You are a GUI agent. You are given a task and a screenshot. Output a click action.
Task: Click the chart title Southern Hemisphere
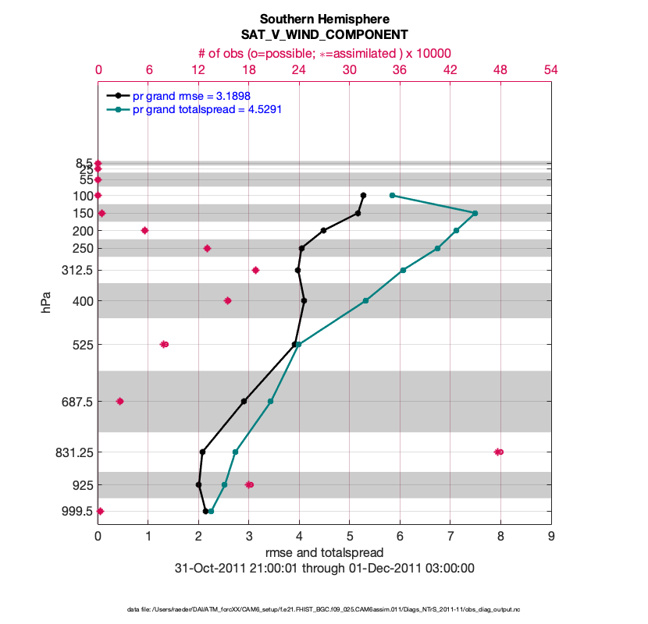pos(324,19)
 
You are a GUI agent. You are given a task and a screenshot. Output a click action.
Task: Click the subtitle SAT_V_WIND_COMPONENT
pos(324,35)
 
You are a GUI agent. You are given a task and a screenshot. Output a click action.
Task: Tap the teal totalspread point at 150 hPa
pos(475,213)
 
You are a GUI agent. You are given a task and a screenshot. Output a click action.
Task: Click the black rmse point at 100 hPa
pos(363,195)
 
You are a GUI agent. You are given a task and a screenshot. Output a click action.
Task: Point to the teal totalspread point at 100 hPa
pos(392,195)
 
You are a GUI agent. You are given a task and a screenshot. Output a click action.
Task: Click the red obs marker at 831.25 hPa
pos(498,452)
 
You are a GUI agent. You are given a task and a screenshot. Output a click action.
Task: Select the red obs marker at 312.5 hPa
pos(255,270)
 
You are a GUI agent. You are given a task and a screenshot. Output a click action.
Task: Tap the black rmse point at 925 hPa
pos(199,484)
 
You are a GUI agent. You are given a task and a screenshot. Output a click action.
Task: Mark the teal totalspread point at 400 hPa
pos(365,300)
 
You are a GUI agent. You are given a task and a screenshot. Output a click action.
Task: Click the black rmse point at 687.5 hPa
pos(244,401)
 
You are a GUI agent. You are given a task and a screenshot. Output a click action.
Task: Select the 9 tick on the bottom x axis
pos(551,537)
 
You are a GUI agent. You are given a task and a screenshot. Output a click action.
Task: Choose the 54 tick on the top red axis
pos(550,69)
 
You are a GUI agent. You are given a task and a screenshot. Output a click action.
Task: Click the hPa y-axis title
pos(46,301)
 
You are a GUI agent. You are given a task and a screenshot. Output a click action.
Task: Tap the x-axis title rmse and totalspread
pos(324,553)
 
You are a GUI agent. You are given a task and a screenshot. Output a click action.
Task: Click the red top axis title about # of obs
pos(324,53)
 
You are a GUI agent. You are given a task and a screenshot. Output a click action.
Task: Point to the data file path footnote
pos(324,608)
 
